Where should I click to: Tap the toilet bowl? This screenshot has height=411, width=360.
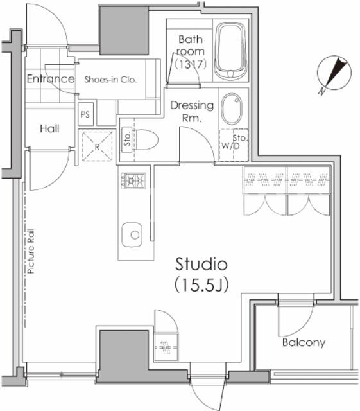(x=146, y=140)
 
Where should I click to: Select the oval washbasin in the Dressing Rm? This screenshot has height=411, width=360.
(x=232, y=109)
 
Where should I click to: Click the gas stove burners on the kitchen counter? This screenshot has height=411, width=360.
(x=133, y=180)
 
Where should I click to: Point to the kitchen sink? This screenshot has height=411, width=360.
(x=132, y=234)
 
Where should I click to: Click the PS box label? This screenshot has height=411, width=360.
(x=85, y=114)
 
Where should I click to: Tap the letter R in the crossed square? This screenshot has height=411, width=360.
(x=97, y=147)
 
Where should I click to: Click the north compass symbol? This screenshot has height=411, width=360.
(x=334, y=73)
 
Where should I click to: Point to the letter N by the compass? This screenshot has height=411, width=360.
(x=321, y=91)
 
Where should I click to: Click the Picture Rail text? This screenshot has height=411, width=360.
(x=31, y=251)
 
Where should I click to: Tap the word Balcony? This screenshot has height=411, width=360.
(x=304, y=342)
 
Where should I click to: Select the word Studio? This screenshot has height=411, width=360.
(x=201, y=264)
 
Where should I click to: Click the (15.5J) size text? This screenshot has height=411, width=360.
(x=201, y=284)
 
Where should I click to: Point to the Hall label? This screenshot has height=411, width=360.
(x=49, y=128)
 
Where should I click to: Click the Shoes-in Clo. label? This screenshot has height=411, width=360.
(x=110, y=80)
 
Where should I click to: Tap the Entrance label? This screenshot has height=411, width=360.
(x=51, y=78)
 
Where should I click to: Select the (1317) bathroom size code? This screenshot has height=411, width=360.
(x=191, y=64)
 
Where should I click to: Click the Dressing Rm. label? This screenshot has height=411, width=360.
(x=192, y=112)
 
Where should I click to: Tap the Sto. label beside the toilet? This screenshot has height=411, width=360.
(x=127, y=139)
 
